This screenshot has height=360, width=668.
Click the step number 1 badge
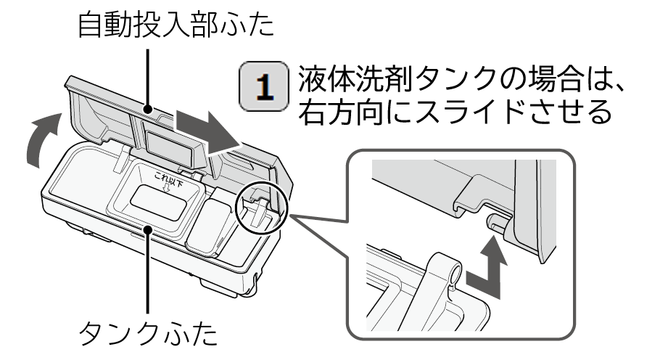(264, 86)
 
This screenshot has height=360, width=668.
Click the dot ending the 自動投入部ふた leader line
(148, 110)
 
